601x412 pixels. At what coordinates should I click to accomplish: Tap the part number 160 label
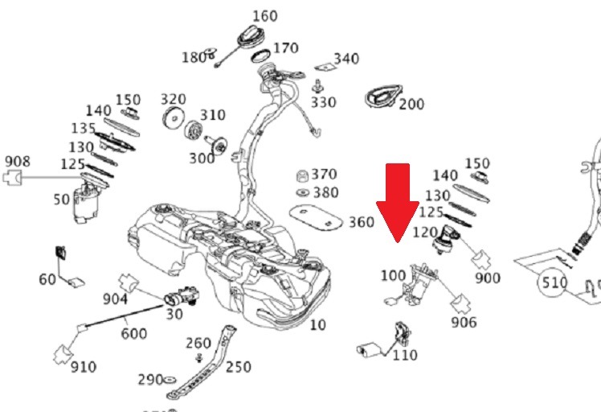coord(264,15)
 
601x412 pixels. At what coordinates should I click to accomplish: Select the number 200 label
coord(411,104)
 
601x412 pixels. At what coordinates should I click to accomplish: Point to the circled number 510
coord(554,283)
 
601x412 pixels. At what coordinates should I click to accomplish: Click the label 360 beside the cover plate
coord(362,221)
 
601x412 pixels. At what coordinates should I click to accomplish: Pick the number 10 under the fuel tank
coord(318,325)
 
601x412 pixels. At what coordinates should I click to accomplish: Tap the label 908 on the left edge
coord(18,161)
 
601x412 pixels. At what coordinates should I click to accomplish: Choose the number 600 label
coord(133,332)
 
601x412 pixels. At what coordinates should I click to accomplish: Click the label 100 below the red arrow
coord(393,275)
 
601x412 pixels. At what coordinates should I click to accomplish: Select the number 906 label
coord(464,323)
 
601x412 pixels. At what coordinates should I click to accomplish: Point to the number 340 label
coord(346,59)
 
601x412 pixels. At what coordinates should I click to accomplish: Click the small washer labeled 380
coord(304,193)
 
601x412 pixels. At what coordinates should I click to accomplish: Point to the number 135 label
coord(83,129)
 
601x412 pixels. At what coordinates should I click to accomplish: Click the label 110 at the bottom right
coord(405,354)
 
